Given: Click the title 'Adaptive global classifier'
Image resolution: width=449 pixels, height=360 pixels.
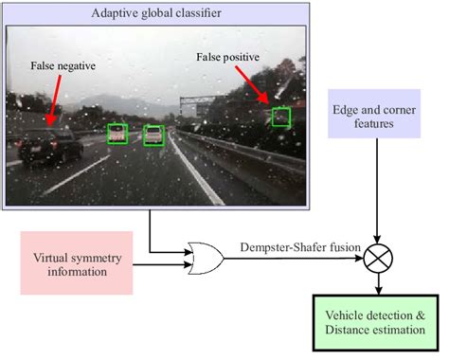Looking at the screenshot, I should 157,12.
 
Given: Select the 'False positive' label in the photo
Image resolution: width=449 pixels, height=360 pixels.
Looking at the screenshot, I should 227,58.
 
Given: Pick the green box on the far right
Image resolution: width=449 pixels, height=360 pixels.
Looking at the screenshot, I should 280,117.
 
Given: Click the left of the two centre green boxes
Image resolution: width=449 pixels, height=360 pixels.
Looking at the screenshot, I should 117,134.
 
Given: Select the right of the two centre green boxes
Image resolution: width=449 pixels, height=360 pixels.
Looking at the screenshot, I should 153,135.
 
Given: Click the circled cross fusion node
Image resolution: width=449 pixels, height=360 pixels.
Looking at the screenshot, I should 379,256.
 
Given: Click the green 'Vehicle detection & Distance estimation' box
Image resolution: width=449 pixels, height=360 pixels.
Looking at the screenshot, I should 379,322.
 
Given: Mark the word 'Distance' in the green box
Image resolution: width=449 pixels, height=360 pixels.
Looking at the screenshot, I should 352,331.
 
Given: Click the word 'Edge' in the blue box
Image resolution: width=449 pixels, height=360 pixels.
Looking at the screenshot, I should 347,108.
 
